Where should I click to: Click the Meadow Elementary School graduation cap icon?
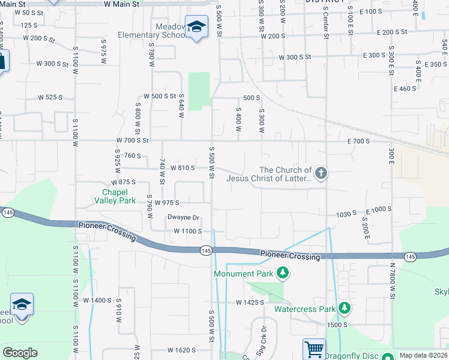click(x=196, y=27)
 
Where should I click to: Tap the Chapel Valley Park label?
click(x=114, y=196)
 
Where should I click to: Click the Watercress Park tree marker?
click(x=344, y=308)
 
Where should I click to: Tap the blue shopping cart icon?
click(x=313, y=349)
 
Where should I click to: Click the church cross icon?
click(x=321, y=174)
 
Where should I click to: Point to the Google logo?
click(x=20, y=353)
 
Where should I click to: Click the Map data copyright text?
click(x=423, y=355)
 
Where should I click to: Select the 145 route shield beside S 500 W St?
click(x=206, y=250)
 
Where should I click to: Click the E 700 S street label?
click(x=358, y=140)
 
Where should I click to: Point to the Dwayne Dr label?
click(x=183, y=218)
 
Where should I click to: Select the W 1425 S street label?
click(x=250, y=302)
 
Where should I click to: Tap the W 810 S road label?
click(x=182, y=168)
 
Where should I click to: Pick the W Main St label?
click(x=121, y=4)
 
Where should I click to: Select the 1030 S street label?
click(x=346, y=214)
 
